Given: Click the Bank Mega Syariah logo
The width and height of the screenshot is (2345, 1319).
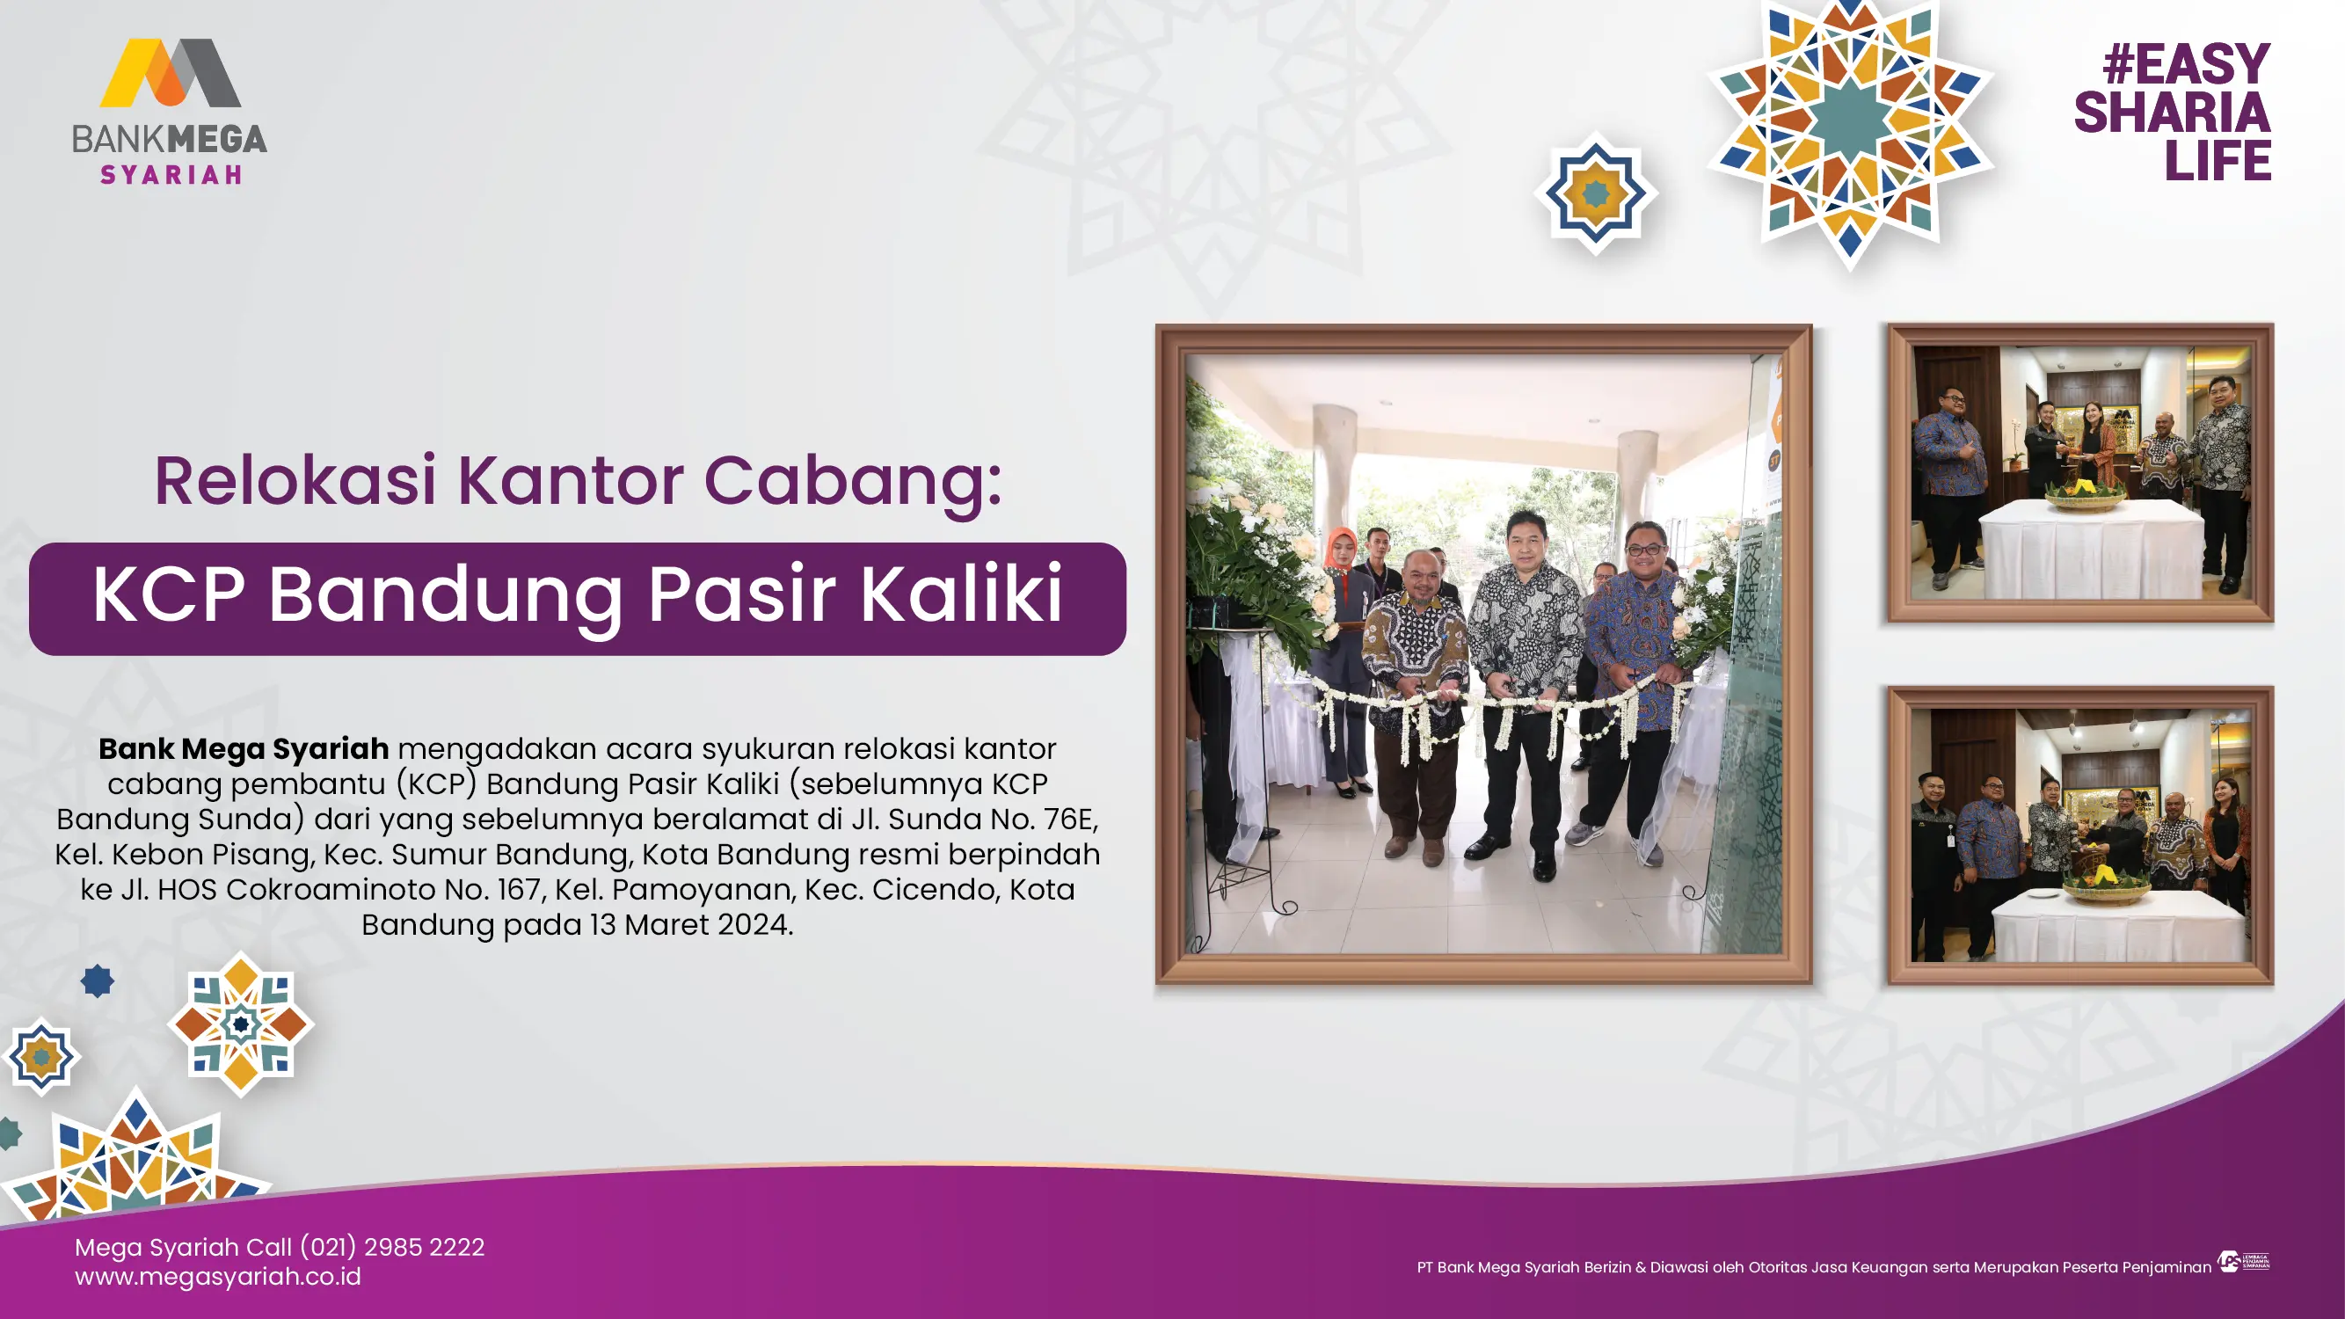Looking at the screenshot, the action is [x=170, y=111].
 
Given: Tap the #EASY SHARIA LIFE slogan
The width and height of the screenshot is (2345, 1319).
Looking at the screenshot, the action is [x=2172, y=112].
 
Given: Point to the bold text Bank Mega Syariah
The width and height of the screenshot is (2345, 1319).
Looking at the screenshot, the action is [x=244, y=748].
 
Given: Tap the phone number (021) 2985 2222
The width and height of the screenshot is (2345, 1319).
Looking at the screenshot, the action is [x=392, y=1246].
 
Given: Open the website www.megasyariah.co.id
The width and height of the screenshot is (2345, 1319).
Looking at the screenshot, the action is [x=217, y=1276].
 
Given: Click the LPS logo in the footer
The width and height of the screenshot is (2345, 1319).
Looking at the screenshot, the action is [x=2243, y=1262].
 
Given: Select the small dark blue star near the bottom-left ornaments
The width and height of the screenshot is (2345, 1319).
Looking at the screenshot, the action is [x=98, y=981].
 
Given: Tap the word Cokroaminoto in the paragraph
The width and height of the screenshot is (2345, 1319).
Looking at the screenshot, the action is [x=331, y=889].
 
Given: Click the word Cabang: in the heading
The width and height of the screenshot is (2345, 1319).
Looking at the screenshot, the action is [x=853, y=483].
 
